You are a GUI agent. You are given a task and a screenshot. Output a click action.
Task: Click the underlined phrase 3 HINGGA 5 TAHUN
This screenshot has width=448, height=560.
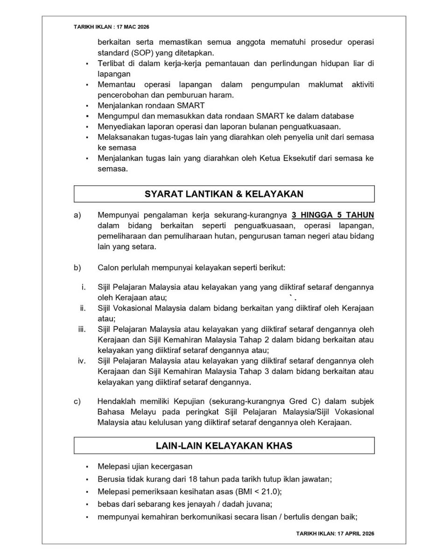tap(333, 215)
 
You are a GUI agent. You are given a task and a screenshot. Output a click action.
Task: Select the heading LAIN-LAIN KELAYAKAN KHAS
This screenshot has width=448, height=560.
tap(224, 445)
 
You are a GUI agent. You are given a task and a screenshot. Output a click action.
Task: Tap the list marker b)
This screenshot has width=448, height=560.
tap(77, 267)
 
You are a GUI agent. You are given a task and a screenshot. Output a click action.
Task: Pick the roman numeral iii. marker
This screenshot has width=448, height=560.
tap(82, 329)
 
